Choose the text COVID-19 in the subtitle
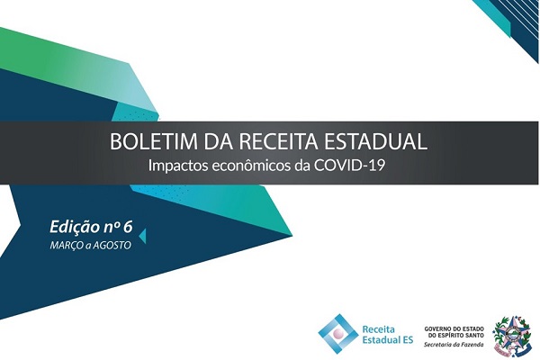349,166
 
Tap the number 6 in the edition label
128,227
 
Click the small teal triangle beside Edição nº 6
142,236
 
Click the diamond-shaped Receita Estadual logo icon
339,334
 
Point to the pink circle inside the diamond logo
339,334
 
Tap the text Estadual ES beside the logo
388,339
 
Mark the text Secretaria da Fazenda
454,344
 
